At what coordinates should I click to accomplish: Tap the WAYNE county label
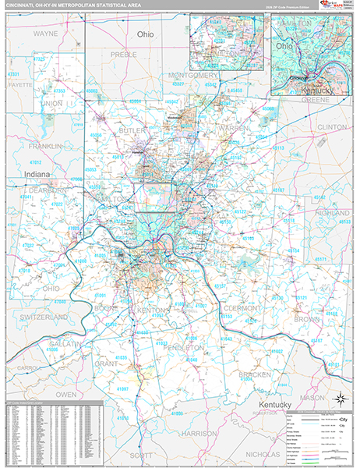[45, 34]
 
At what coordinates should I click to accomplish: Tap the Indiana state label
[37, 174]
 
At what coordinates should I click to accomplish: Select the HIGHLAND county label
[333, 212]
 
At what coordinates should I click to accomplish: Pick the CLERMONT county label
[242, 307]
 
